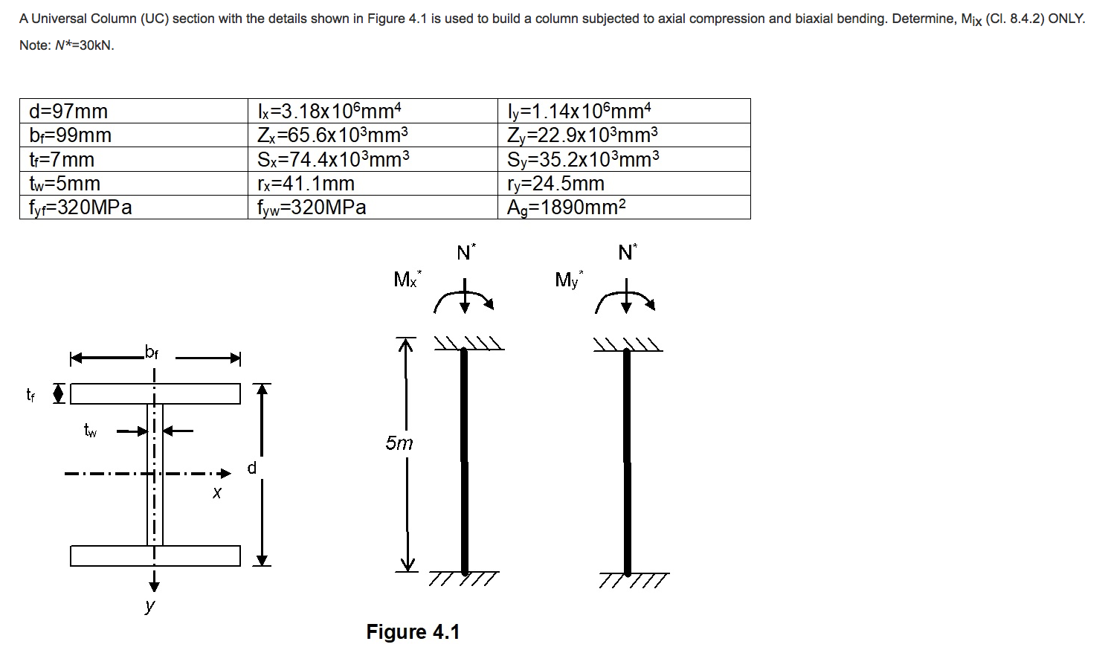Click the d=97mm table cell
pyautogui.click(x=68, y=112)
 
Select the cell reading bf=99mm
pyautogui.click(x=70, y=135)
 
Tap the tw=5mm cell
pyautogui.click(x=65, y=184)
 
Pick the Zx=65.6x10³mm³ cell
pyautogui.click(x=332, y=135)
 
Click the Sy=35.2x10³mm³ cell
pyautogui.click(x=582, y=160)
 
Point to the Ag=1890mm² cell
pyautogui.click(x=566, y=207)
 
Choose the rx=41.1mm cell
pyautogui.click(x=306, y=184)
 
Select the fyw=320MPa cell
pyautogui.click(x=312, y=207)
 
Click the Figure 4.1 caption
pyautogui.click(x=413, y=632)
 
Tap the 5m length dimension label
pyautogui.click(x=399, y=443)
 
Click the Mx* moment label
pyautogui.click(x=407, y=280)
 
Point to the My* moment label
pyautogui.click(x=568, y=280)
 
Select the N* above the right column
pyautogui.click(x=627, y=253)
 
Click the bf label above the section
pyautogui.click(x=151, y=353)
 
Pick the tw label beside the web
pyautogui.click(x=90, y=430)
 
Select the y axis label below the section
pyautogui.click(x=150, y=605)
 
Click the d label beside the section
pyautogui.click(x=251, y=468)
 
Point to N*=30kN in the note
pyautogui.click(x=85, y=45)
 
